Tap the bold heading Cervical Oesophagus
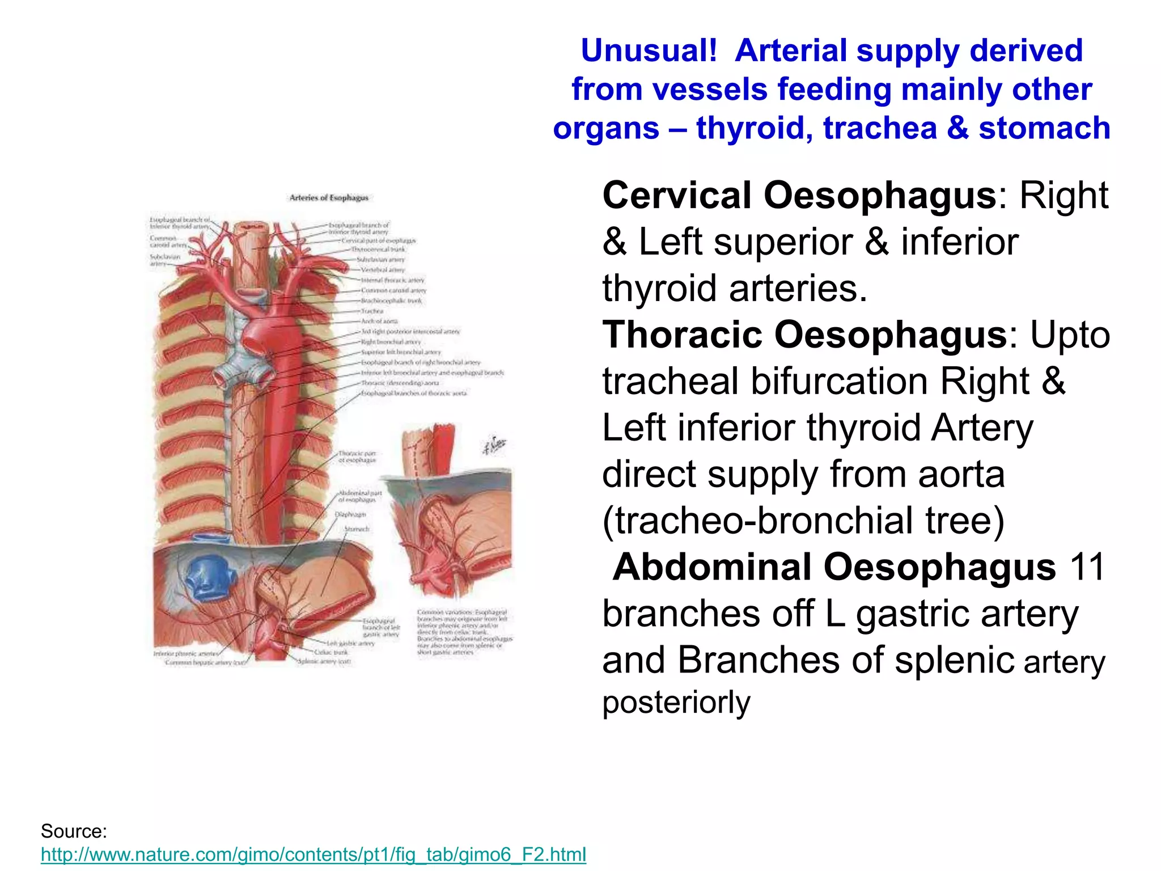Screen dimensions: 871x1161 [x=799, y=196]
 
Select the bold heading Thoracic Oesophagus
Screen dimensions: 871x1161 [x=804, y=335]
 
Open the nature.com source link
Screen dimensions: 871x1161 [x=313, y=854]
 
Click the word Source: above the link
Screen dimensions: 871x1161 [x=74, y=831]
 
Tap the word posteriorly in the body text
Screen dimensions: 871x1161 [x=676, y=702]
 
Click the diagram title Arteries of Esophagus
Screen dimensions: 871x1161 [x=329, y=198]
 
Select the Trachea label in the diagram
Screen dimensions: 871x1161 [x=372, y=311]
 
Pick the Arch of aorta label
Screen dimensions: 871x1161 [x=379, y=321]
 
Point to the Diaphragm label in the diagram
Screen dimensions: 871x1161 [x=350, y=514]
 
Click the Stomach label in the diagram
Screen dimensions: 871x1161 [x=357, y=528]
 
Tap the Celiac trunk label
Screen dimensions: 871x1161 [x=331, y=652]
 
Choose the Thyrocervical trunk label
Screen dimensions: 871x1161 [x=378, y=249]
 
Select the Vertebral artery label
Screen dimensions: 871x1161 [x=383, y=270]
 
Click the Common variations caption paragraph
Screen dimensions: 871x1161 [x=464, y=632]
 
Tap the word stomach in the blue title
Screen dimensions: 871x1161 [x=1044, y=128]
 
